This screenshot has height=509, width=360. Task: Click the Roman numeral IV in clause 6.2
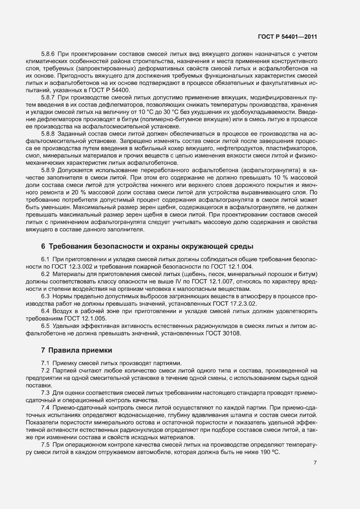[174, 282]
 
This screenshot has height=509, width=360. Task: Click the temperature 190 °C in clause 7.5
[268, 453]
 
